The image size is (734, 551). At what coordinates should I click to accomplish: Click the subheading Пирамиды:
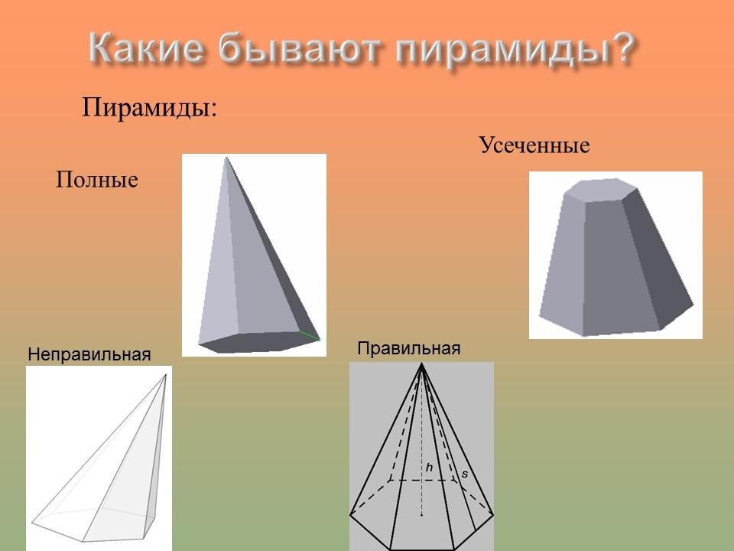pos(150,106)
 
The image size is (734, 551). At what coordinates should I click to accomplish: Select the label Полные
pos(97,180)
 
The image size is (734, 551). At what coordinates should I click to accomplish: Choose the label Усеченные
pos(534,145)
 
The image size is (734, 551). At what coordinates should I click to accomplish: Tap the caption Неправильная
pos(89,354)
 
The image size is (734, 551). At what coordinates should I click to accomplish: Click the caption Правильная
pos(409,348)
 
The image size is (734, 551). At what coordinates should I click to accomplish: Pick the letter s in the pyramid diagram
pos(464,474)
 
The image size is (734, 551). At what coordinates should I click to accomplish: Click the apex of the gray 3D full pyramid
pos(226,158)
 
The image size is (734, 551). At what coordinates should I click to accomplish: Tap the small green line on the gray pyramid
pos(309,334)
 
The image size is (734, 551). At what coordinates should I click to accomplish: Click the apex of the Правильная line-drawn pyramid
pos(421,366)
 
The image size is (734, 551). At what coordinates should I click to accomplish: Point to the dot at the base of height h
pos(421,515)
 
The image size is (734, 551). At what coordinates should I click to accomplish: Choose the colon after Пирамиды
pos(214,109)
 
